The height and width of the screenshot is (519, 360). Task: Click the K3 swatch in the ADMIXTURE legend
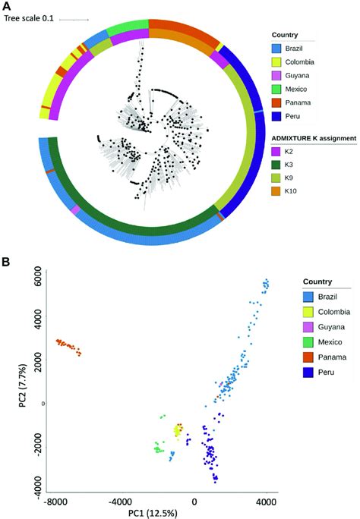278,165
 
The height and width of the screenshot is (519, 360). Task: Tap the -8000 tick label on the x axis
58,502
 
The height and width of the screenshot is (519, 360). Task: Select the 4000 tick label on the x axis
266,502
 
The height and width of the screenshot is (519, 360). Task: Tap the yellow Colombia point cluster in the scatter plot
178,431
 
